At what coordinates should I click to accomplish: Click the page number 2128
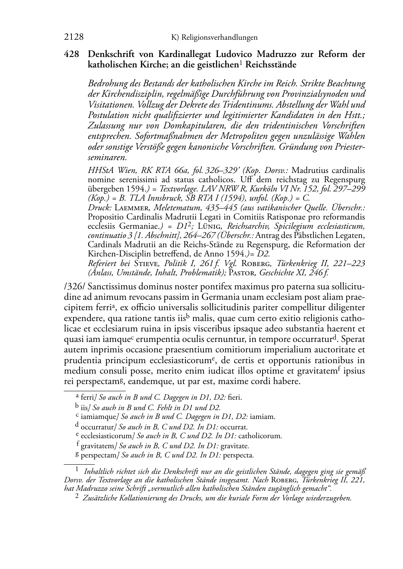click(x=74, y=37)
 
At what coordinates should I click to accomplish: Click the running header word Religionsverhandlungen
click(x=220, y=38)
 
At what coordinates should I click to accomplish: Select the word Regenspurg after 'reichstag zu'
click(x=346, y=179)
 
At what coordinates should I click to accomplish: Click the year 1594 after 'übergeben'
click(x=133, y=188)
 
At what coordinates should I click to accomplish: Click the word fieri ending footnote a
click(x=234, y=398)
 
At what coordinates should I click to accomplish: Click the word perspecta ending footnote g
click(x=238, y=455)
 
